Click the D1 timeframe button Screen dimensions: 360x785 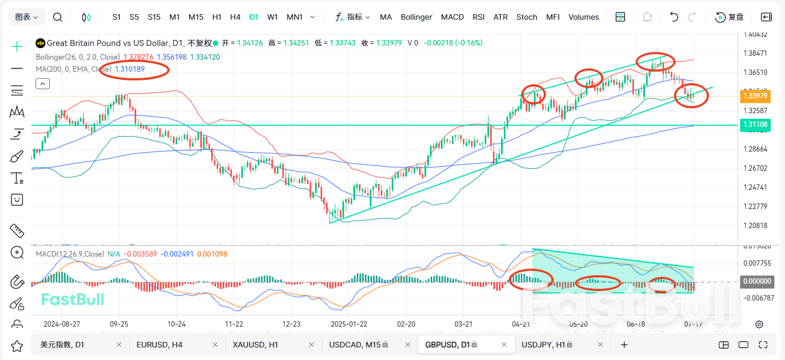pos(254,17)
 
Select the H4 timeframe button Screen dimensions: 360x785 pos(235,17)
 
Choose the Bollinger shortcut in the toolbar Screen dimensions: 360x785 pos(416,17)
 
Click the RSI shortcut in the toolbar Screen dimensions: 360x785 pos(479,17)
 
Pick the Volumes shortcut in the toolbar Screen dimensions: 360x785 pos(584,17)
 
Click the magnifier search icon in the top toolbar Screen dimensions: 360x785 pos(57,17)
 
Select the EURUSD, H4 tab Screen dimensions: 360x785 pos(160,345)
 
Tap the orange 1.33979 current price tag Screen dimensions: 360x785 pos(755,96)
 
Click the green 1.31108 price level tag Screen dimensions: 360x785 pos(755,125)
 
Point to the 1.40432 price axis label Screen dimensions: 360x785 pos(755,34)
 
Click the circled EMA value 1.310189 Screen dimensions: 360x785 pos(130,69)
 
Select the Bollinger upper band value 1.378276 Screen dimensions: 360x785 pos(139,57)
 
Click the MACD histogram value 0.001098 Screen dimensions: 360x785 pos(212,254)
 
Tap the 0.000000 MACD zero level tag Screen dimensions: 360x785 pos(755,282)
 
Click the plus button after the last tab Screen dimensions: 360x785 pos(624,345)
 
